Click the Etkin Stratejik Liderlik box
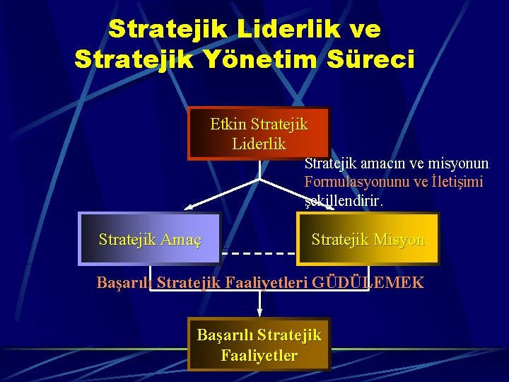click(x=259, y=134)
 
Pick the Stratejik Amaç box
click(x=149, y=239)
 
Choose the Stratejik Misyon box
click(x=368, y=239)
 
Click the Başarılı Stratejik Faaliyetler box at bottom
click(x=259, y=345)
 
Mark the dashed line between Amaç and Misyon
click(x=258, y=253)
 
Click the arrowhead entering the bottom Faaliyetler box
click(x=259, y=313)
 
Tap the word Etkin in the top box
click(x=227, y=125)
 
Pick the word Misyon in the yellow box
click(x=400, y=240)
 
